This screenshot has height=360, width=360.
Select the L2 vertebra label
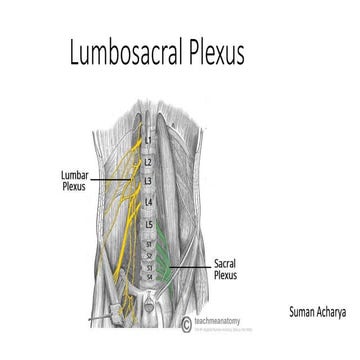point(147,160)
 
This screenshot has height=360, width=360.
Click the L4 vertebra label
point(147,204)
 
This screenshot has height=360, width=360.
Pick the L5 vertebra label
point(147,226)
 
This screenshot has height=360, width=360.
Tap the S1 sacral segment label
point(151,243)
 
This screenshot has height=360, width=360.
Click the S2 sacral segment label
point(151,255)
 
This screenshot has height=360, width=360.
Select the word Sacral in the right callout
point(226,263)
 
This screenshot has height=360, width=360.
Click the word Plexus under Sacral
point(226,274)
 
